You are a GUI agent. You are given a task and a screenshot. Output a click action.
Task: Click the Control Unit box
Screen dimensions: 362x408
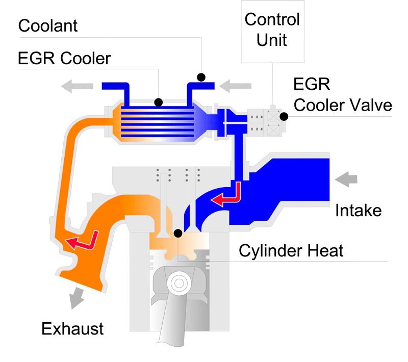(272, 31)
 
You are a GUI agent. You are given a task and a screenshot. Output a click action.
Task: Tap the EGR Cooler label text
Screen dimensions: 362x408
(64, 58)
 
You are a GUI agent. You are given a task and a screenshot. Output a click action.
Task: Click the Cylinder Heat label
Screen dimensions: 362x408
(291, 250)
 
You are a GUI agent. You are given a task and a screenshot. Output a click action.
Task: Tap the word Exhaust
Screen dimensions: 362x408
(72, 328)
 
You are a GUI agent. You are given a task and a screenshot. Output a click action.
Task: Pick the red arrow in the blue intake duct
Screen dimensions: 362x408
(226, 197)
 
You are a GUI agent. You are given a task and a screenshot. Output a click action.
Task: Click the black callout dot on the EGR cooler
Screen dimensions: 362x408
(159, 102)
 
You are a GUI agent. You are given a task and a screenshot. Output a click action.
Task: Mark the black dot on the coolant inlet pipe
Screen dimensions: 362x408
(201, 77)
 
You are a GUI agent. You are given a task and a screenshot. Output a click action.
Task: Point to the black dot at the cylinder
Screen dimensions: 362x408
(178, 234)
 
